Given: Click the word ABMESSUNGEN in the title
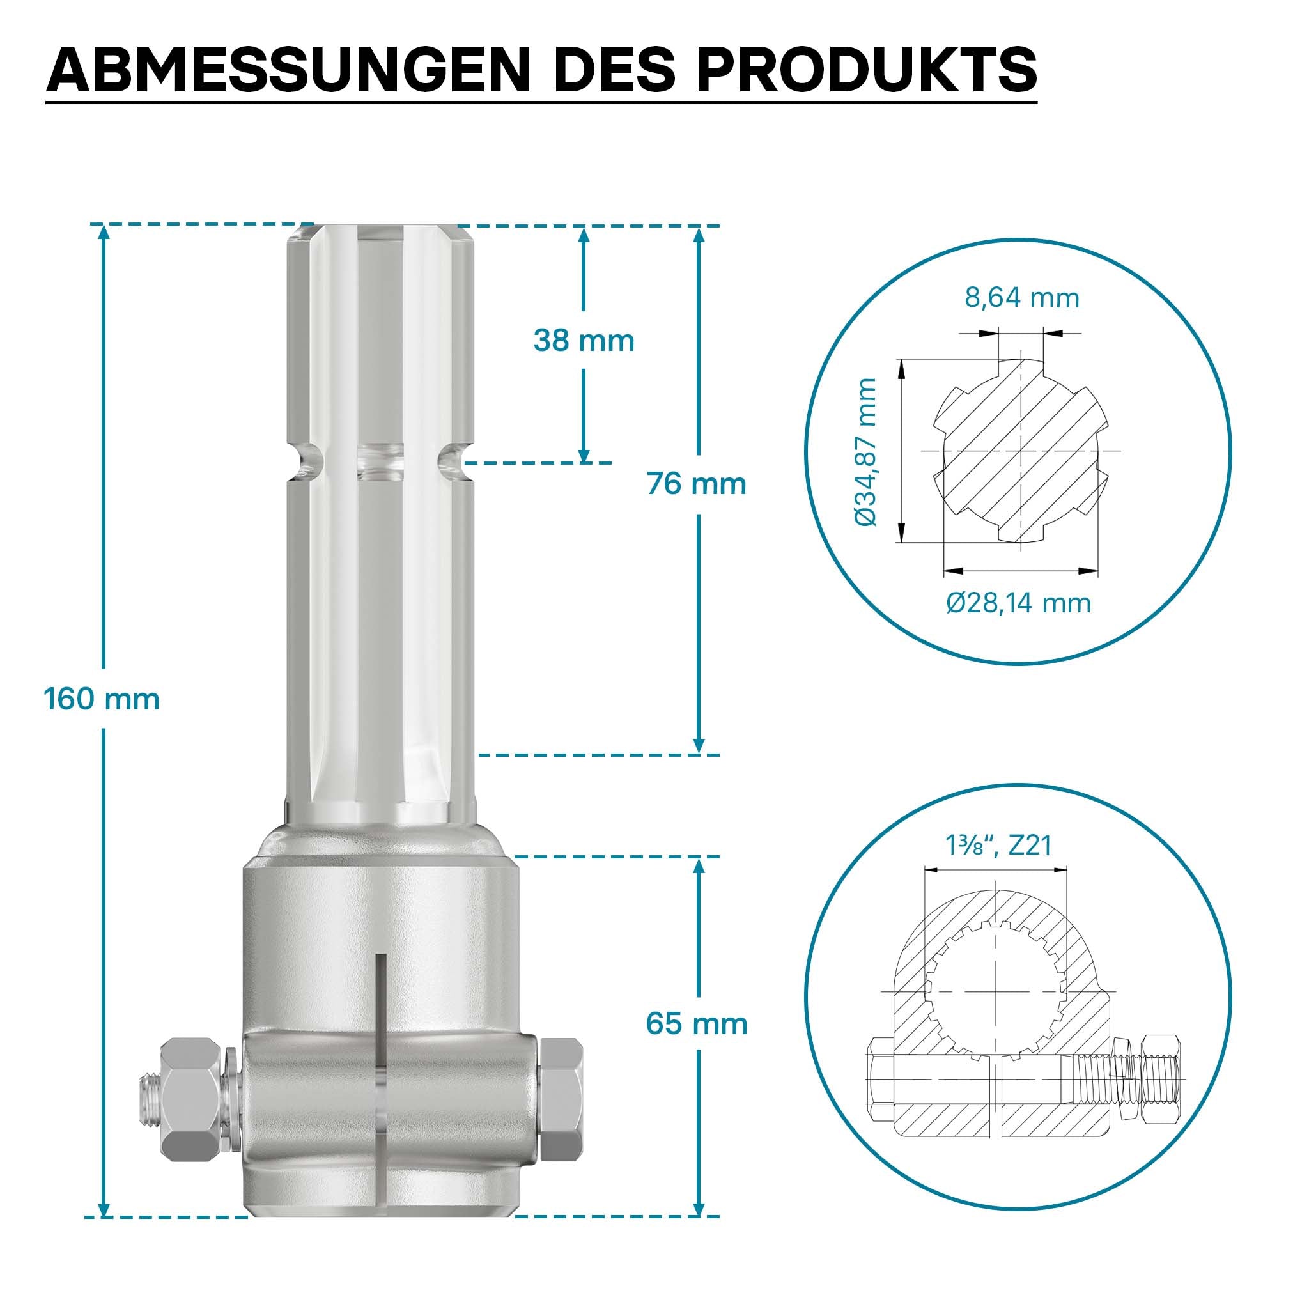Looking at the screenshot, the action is coord(288,70).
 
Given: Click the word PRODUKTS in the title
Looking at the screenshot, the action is coord(867,70).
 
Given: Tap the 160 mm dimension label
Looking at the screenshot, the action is coord(102,699).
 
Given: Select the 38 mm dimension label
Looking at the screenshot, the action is coord(584,340).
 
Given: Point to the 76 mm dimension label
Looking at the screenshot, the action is coord(697,484).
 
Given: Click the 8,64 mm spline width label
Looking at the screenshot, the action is coord(1022,298).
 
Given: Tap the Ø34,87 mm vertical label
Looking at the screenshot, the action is coord(866,452).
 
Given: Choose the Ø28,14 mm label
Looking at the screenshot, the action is coord(1019,602).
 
